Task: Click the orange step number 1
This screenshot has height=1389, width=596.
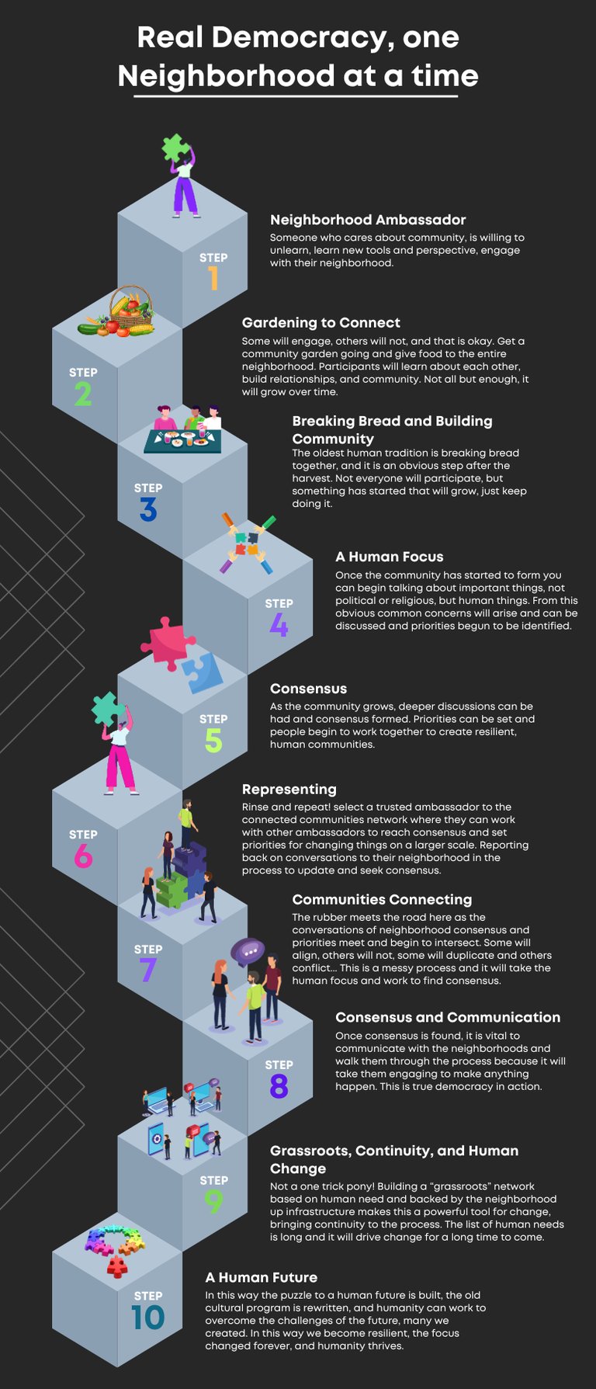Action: coord(213,279)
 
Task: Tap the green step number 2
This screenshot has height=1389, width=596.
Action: coord(83,394)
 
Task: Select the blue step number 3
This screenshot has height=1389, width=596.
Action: coord(148,510)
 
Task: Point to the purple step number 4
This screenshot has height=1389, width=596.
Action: coord(279,625)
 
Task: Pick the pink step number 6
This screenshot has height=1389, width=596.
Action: coord(83,856)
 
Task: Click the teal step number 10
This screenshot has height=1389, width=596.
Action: coord(147,1318)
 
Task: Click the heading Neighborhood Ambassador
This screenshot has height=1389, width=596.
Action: coord(368,220)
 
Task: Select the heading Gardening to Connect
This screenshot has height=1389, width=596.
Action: coord(321,322)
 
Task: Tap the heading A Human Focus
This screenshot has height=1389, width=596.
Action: coord(389,556)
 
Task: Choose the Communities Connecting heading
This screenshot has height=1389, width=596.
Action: coord(382,899)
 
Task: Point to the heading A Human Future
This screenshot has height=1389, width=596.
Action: coord(261,1277)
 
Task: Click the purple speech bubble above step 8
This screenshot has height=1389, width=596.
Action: coord(248,951)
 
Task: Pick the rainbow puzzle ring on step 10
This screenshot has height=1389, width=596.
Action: coord(116,1243)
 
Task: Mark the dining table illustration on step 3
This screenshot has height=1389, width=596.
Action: coord(183,439)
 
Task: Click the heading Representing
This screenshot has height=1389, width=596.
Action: coord(289,789)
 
